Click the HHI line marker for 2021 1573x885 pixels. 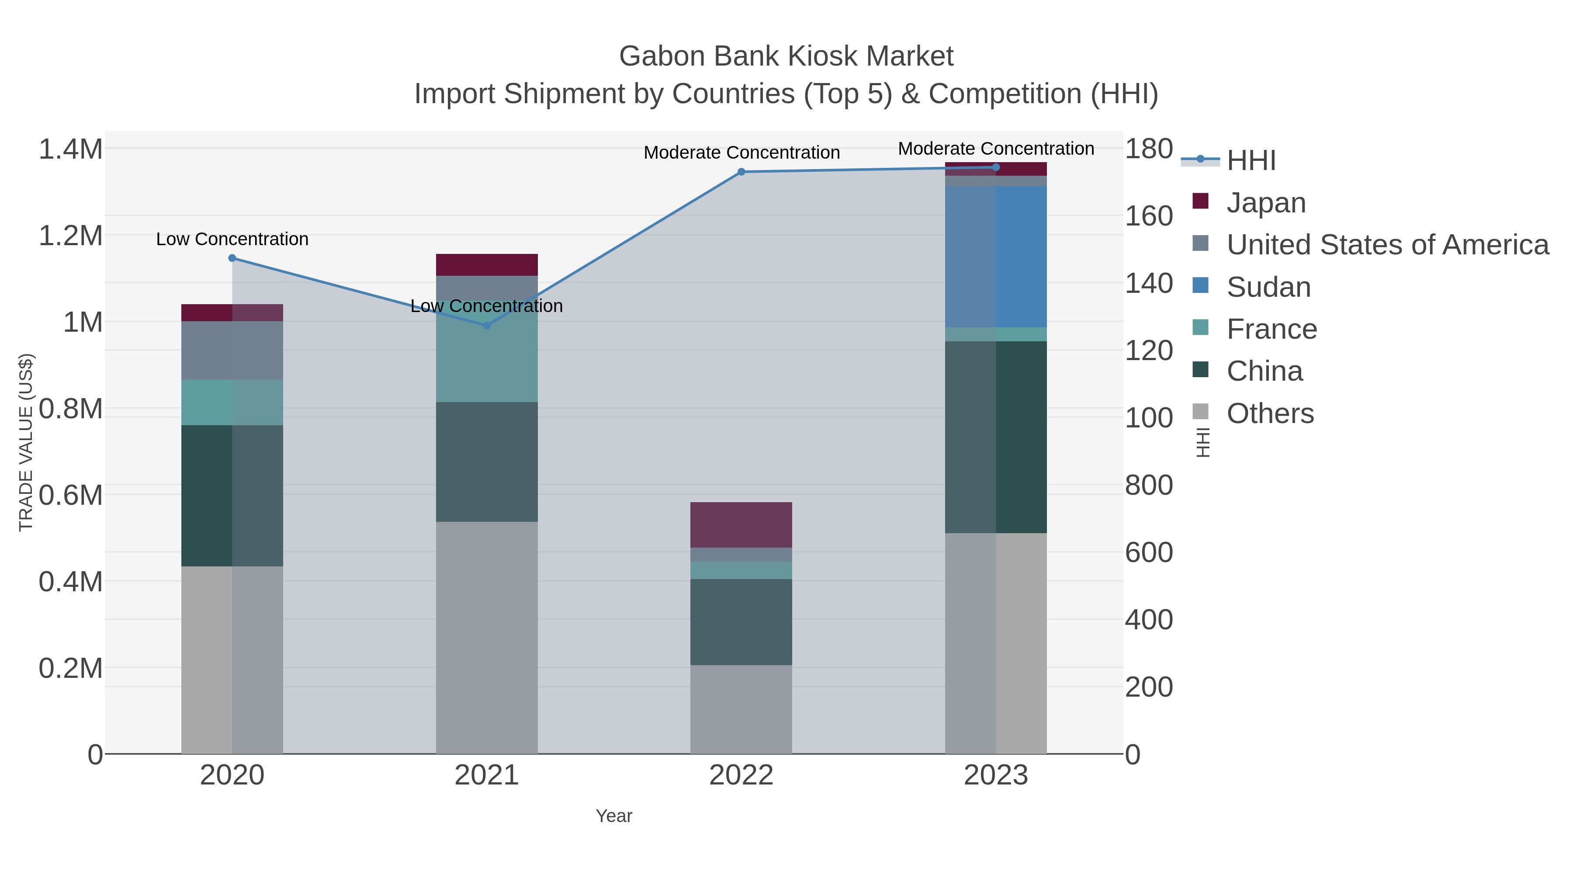(487, 326)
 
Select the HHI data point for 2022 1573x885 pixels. (741, 172)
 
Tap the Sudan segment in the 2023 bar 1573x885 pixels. (996, 257)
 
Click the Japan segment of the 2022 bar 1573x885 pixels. (741, 524)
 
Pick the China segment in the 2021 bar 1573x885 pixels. (487, 462)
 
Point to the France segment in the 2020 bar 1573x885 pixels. (232, 403)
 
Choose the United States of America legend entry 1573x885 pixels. (1387, 245)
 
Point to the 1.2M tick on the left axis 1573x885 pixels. (71, 236)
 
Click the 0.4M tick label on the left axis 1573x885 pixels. (71, 581)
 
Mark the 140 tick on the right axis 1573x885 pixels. (1149, 283)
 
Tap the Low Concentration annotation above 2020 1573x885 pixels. (232, 239)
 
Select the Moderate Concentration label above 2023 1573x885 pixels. (996, 149)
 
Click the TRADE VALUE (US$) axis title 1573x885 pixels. (26, 442)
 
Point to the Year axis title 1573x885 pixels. (614, 816)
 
